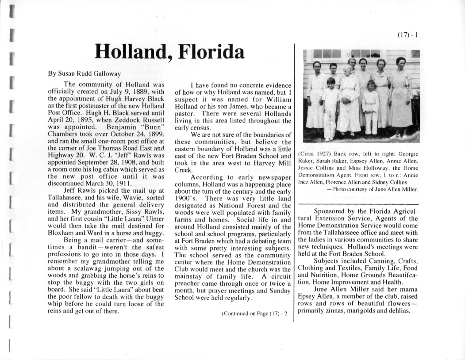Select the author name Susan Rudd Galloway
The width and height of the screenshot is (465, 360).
pos(85,74)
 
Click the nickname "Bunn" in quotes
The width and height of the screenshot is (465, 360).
pos(154,127)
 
